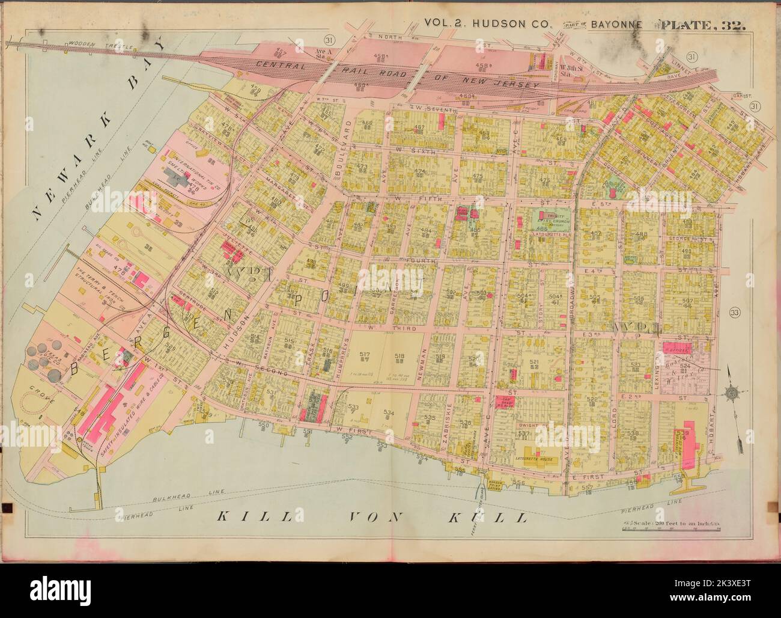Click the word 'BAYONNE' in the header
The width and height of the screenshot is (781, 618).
pyautogui.click(x=619, y=25)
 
